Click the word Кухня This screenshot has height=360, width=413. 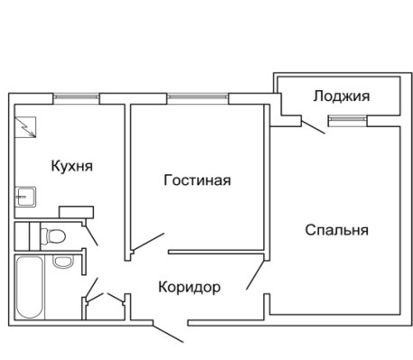tap(72, 166)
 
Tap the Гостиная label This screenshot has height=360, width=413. tap(197, 180)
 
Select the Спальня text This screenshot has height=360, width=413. tap(337, 230)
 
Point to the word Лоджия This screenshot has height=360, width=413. tap(342, 97)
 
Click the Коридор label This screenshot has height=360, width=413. tap(189, 288)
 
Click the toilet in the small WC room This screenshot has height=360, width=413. tap(53, 236)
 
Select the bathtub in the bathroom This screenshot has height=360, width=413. tap(29, 287)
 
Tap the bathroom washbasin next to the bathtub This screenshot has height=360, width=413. tap(63, 262)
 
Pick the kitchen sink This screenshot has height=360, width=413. tap(25, 197)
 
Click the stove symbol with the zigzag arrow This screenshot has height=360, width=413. tap(25, 127)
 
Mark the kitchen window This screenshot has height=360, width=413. tap(76, 97)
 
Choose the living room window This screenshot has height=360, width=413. tap(197, 97)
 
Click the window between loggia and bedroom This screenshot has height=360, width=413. tap(348, 119)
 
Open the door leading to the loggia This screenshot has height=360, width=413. tap(313, 127)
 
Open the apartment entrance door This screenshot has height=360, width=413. tap(169, 333)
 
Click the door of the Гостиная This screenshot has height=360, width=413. tap(148, 242)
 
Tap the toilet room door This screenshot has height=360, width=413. tap(91, 235)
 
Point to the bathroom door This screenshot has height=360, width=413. tap(91, 288)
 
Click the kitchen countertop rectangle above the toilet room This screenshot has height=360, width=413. tap(77, 212)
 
